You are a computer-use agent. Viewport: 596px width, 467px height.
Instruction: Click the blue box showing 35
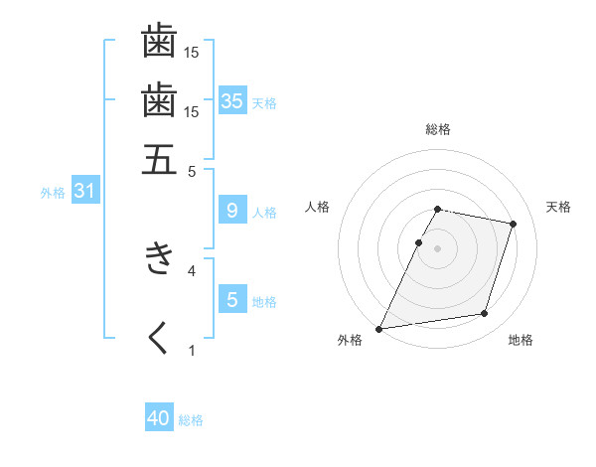pyautogui.click(x=232, y=100)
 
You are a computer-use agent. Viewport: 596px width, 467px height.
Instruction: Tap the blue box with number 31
pyautogui.click(x=84, y=191)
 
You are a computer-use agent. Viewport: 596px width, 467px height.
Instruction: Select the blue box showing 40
pyautogui.click(x=159, y=418)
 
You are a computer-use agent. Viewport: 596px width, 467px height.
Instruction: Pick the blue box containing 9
pyautogui.click(x=232, y=210)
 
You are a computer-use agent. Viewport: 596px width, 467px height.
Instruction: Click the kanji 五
pyautogui.click(x=159, y=158)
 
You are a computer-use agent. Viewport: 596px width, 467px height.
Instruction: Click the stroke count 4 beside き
pyautogui.click(x=192, y=269)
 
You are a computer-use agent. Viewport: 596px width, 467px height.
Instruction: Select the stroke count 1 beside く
pyautogui.click(x=192, y=350)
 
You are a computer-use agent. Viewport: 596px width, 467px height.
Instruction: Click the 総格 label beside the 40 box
pyautogui.click(x=192, y=420)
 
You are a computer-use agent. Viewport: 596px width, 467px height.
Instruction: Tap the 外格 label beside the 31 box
pyautogui.click(x=53, y=193)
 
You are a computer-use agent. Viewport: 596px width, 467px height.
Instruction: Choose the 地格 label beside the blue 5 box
pyautogui.click(x=264, y=302)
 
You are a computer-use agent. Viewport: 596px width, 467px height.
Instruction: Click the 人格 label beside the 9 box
pyautogui.click(x=264, y=212)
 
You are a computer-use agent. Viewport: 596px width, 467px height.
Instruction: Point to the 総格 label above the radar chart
pyautogui.click(x=438, y=129)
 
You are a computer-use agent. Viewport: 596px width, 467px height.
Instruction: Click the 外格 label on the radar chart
pyautogui.click(x=350, y=341)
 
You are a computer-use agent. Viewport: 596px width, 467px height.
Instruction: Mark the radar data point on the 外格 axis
pyautogui.click(x=379, y=329)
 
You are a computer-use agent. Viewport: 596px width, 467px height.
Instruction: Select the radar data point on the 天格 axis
pyautogui.click(x=514, y=224)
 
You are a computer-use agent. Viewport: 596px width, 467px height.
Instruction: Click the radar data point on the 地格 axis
pyautogui.click(x=485, y=314)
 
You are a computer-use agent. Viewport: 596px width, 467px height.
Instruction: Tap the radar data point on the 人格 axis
pyautogui.click(x=419, y=242)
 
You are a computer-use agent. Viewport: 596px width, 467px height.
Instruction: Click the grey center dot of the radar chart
pyautogui.click(x=438, y=248)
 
